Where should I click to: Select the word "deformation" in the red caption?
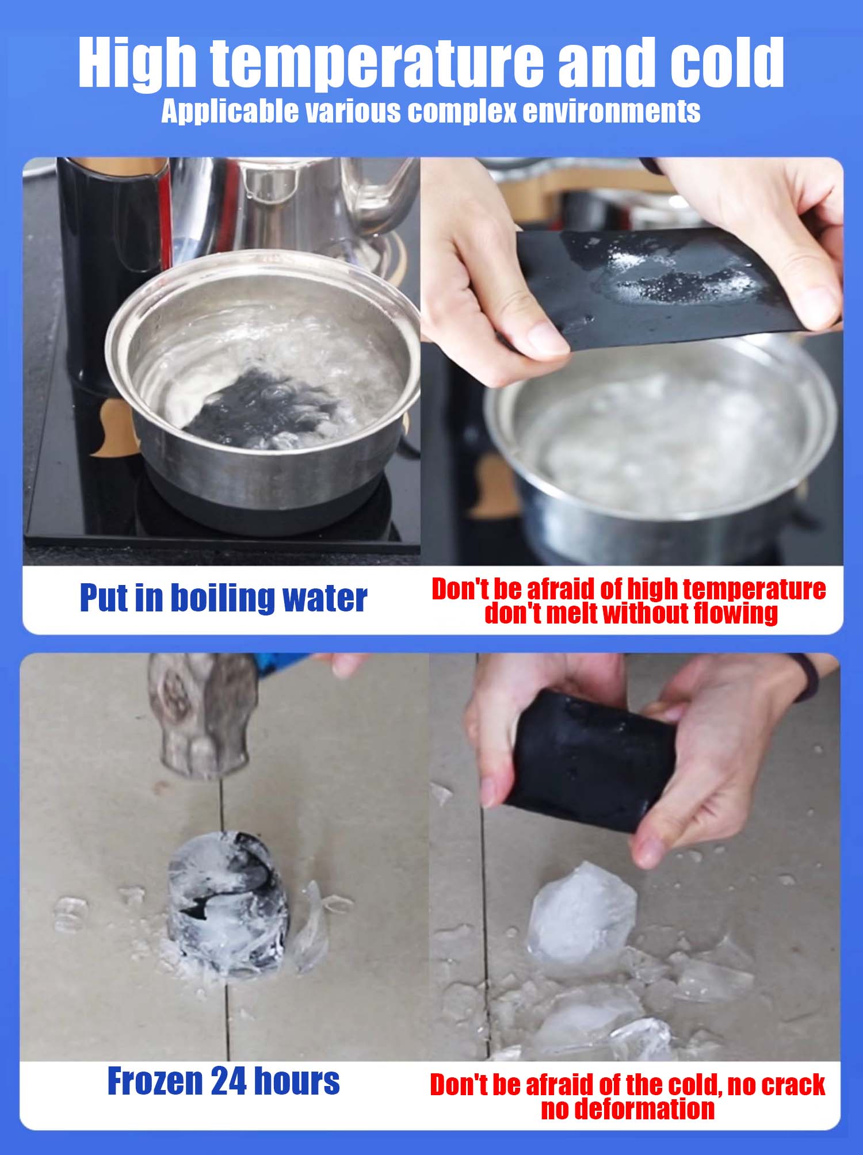[x=627, y=1108]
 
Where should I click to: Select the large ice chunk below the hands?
[x=581, y=915]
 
